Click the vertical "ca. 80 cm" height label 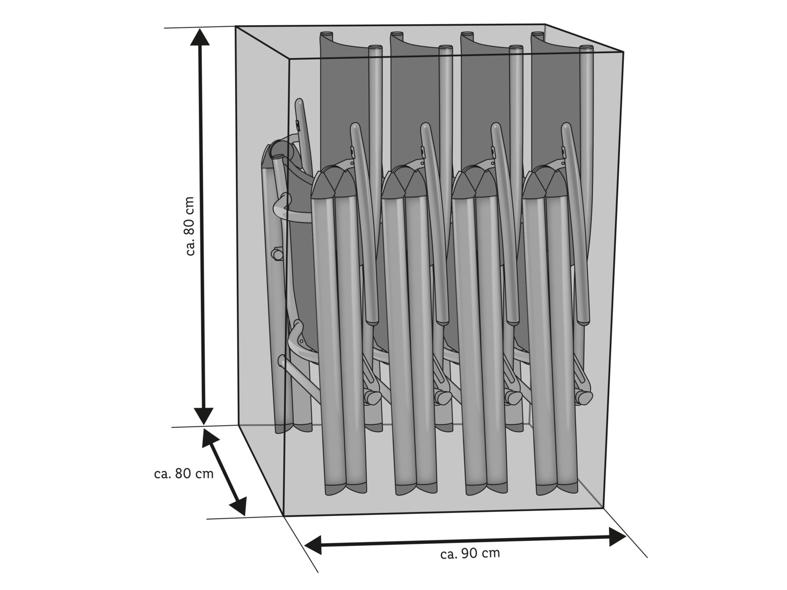coord(189,226)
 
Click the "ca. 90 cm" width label coord(470,553)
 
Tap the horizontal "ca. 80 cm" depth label coord(184,474)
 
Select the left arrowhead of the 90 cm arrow coord(313,545)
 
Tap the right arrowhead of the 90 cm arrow coord(618,537)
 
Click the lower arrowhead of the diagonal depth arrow coord(239,506)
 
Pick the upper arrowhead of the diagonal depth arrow coord(210,438)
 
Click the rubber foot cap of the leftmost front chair coord(346,488)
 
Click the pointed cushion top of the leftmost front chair coord(334,182)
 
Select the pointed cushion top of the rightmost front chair coord(545,182)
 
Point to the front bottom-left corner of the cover coord(284,516)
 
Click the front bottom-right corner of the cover coord(604,508)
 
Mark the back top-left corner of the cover coord(236,26)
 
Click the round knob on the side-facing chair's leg coord(276,254)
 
